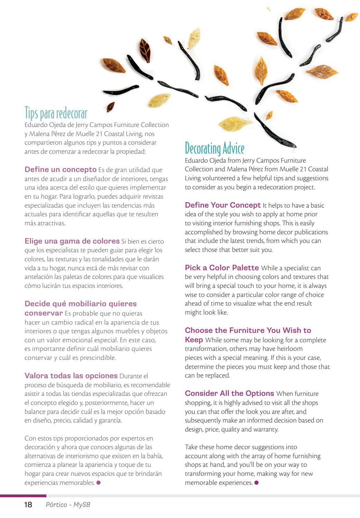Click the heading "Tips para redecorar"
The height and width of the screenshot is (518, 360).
point(56,113)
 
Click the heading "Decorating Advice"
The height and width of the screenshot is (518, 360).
point(214,148)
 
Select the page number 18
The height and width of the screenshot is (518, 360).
point(28,505)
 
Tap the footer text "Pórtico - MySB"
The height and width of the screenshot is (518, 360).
point(68,505)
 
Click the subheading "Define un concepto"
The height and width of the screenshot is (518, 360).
point(61,170)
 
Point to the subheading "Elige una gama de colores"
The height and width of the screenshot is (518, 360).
point(72,241)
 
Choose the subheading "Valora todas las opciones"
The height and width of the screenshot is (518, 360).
point(71,376)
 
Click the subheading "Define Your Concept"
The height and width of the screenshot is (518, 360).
point(223,205)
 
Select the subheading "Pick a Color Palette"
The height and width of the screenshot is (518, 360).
point(222,268)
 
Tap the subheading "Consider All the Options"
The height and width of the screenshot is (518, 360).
point(229,393)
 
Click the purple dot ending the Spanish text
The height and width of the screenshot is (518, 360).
point(99,482)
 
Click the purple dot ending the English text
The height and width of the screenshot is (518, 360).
point(256,482)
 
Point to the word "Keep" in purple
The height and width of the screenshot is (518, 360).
point(194,340)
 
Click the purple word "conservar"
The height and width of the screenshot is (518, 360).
point(44,313)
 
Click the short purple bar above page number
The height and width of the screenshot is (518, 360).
point(23,496)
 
